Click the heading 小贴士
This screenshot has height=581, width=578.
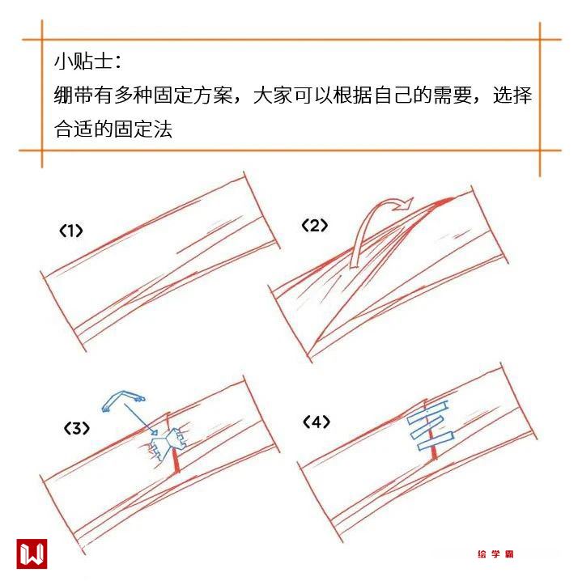(83, 61)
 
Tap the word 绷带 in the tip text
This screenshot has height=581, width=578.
(74, 95)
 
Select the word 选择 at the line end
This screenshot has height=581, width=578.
(512, 95)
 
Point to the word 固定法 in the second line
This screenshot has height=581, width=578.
(142, 129)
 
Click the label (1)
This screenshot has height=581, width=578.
(70, 231)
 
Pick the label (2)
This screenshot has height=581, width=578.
(314, 225)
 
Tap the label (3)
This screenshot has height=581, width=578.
(76, 429)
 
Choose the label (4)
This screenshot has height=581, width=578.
(317, 422)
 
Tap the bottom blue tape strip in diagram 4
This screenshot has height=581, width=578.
(436, 441)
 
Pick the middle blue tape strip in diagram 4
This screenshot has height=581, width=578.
(427, 427)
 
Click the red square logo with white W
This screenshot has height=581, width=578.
(32, 553)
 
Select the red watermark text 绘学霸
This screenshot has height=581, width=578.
(495, 554)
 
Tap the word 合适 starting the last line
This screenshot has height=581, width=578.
(74, 129)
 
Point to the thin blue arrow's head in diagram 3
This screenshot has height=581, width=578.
(154, 431)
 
